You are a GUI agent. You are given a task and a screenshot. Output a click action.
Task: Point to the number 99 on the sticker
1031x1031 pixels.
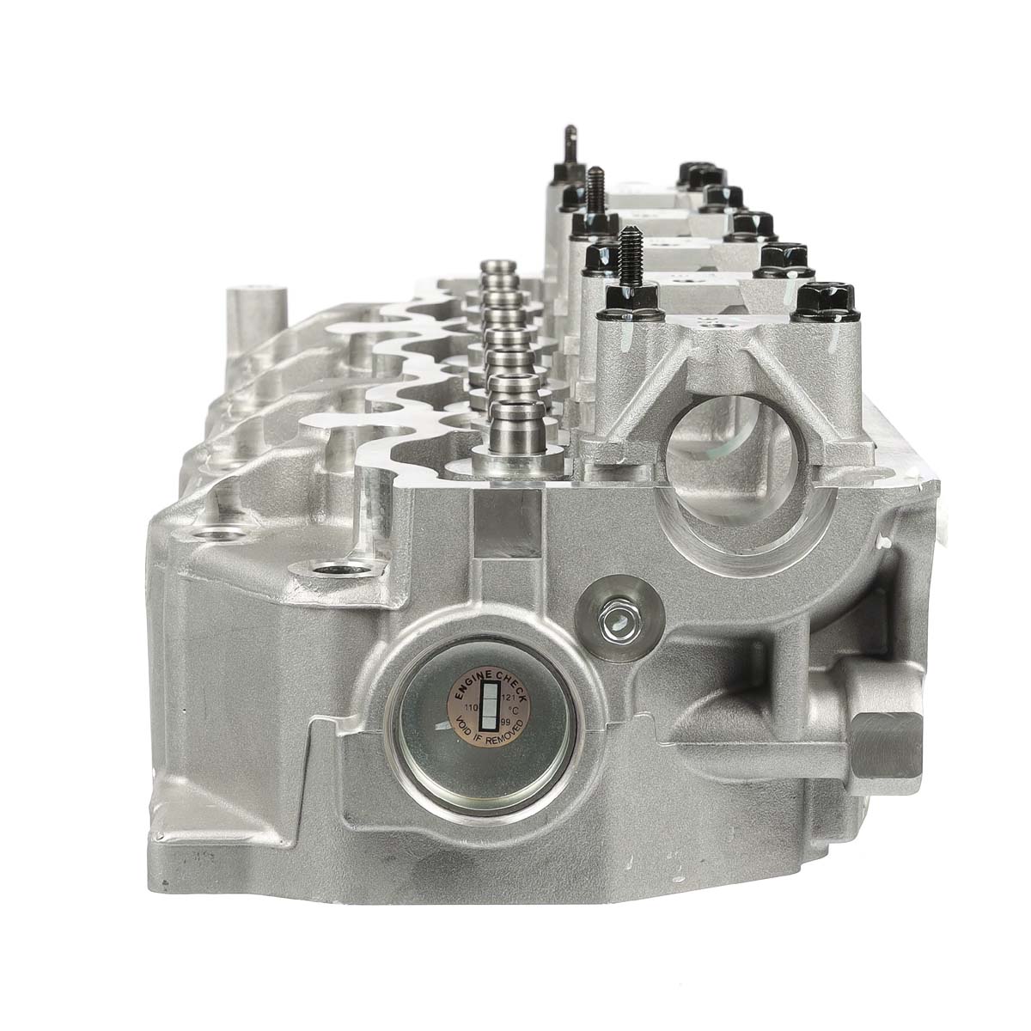pos(505,723)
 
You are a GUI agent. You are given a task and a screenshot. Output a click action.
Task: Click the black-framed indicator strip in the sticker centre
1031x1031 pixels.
pos(487,705)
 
